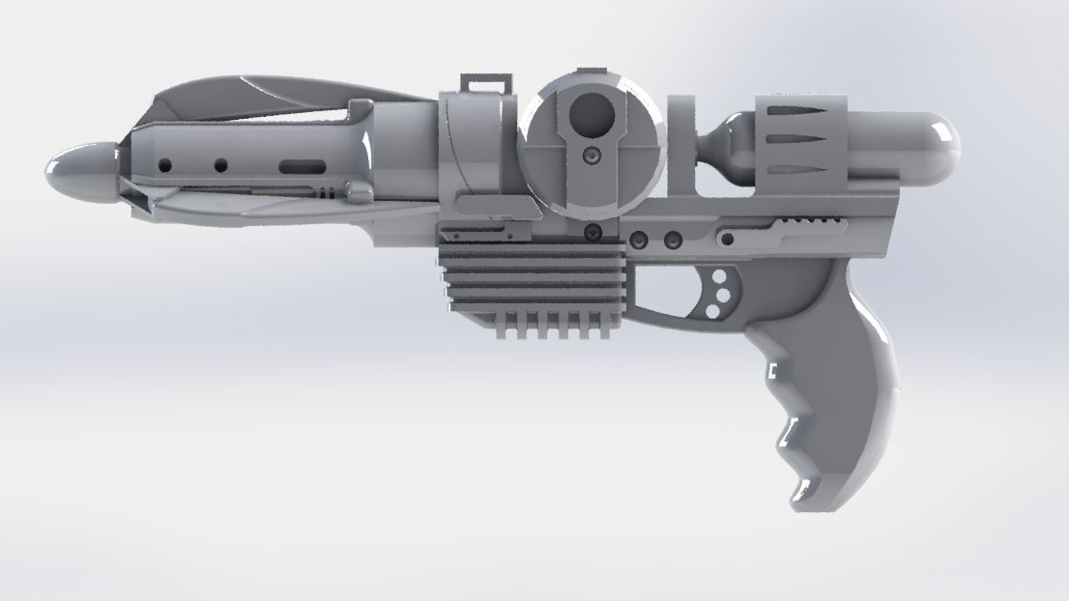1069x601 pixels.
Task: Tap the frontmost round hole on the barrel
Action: point(165,165)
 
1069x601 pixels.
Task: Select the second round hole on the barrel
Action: point(220,165)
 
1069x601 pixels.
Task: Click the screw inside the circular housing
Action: point(589,157)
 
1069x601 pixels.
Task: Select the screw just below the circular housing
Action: point(591,232)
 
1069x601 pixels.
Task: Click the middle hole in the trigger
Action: point(718,293)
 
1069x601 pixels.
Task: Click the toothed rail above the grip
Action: point(812,224)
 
